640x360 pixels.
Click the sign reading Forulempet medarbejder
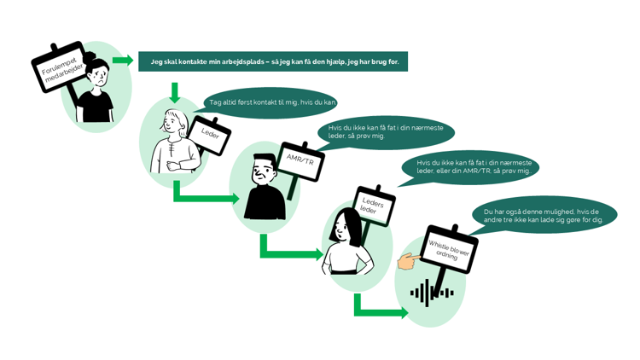(58, 67)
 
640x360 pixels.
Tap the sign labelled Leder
(209, 135)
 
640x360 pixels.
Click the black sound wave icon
(431, 293)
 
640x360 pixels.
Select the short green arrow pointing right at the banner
(123, 61)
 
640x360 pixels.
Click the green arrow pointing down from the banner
(175, 91)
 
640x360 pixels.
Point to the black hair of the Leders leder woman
(345, 224)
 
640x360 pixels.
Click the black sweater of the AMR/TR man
(265, 205)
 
